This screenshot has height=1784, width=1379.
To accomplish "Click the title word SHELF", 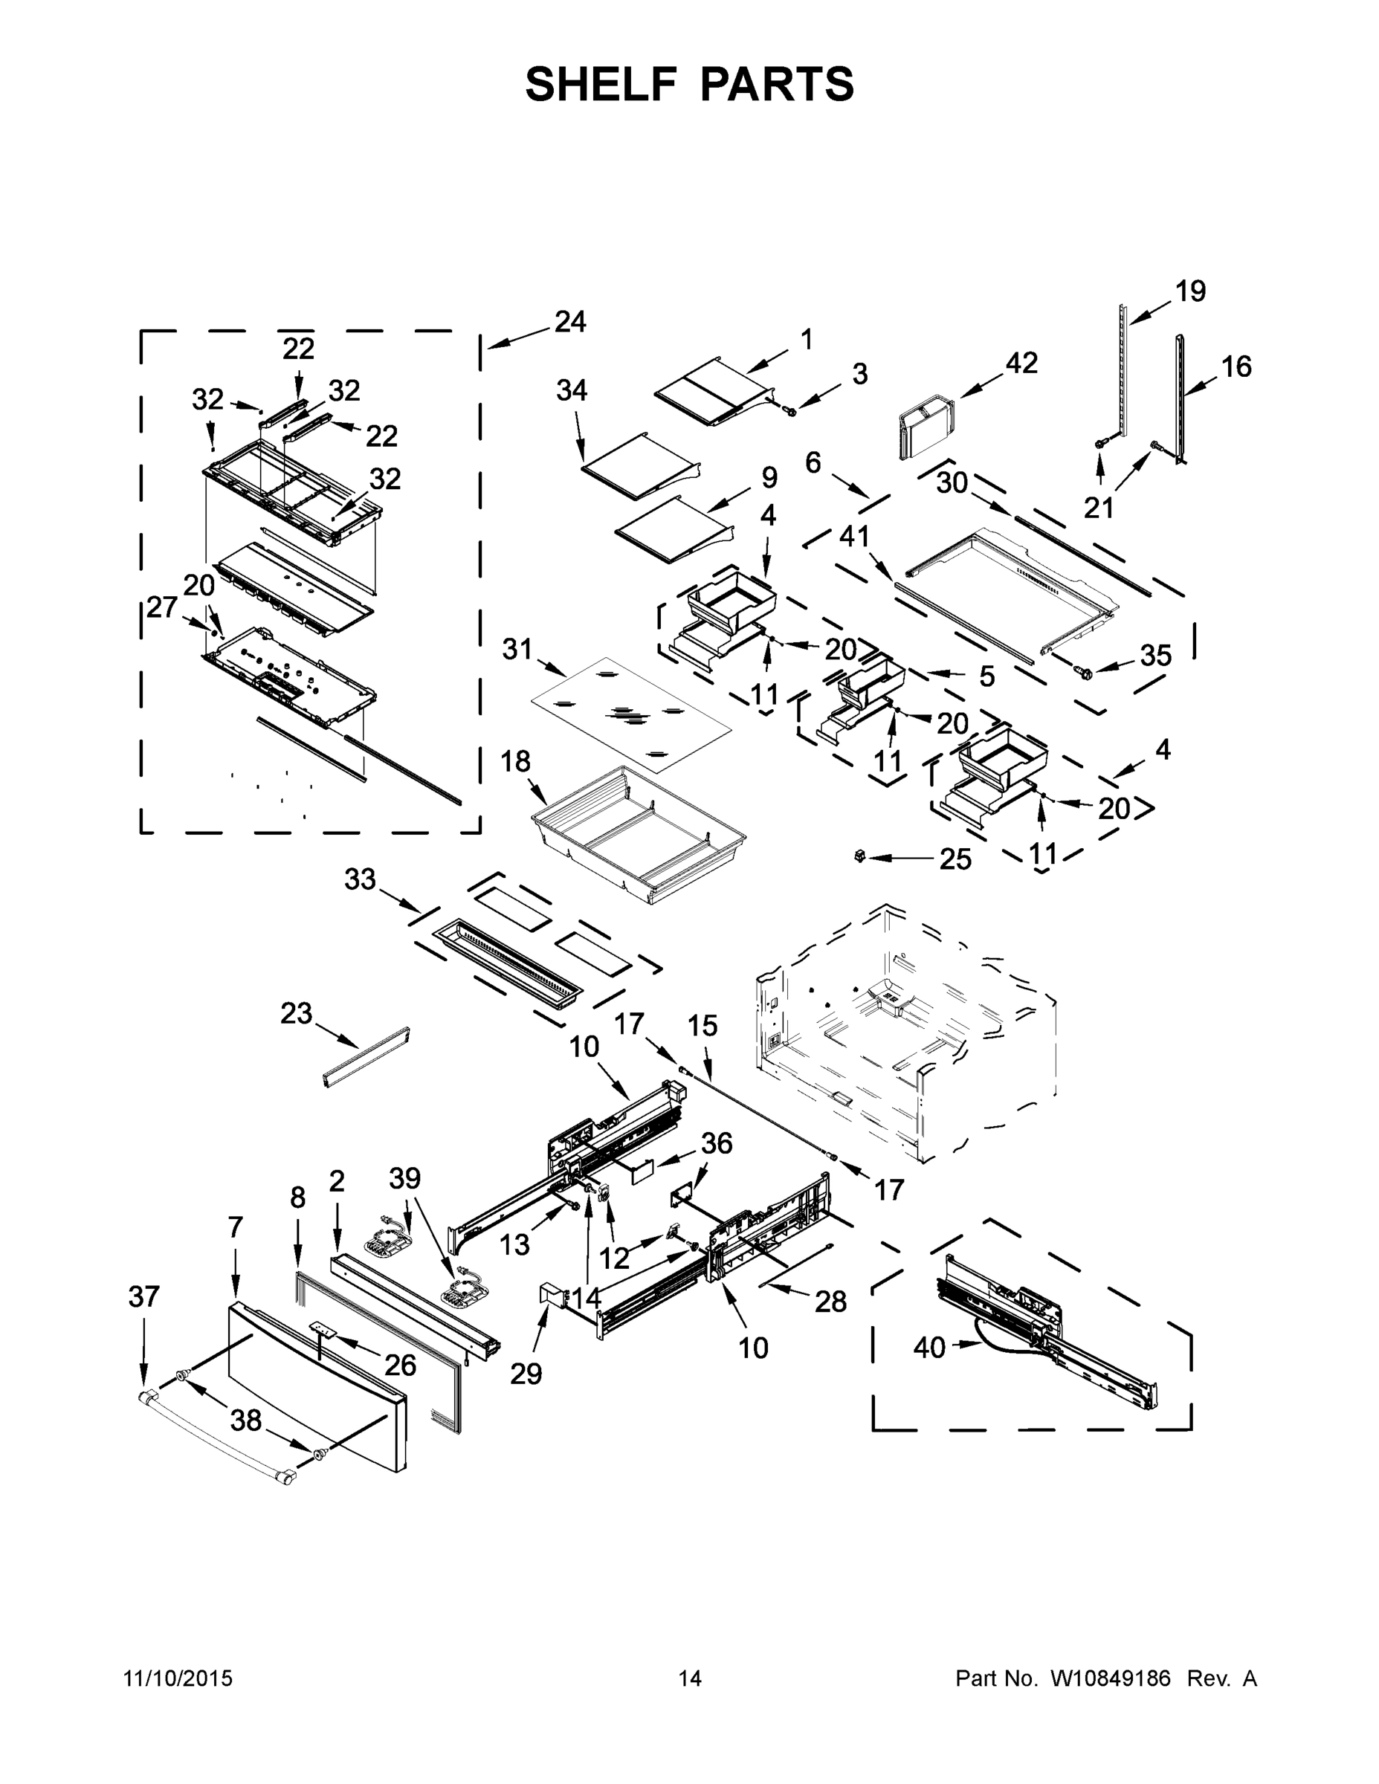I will pyautogui.click(x=601, y=84).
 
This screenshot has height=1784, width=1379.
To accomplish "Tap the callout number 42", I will pyautogui.click(x=1021, y=363).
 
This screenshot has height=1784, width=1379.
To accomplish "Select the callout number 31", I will pyautogui.click(x=517, y=650).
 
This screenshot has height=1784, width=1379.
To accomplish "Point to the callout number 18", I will pyautogui.click(x=514, y=761).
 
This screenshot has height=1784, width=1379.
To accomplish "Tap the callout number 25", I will pyautogui.click(x=955, y=859).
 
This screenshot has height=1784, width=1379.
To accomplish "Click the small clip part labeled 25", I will pyautogui.click(x=858, y=856).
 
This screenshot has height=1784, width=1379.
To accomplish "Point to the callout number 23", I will pyautogui.click(x=296, y=1014).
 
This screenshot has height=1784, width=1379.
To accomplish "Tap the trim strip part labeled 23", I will pyautogui.click(x=366, y=1058).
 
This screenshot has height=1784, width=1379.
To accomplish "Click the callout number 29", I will pyautogui.click(x=526, y=1374).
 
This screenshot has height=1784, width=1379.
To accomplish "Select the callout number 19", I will pyautogui.click(x=1190, y=291).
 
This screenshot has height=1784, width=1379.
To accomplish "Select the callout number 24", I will pyautogui.click(x=569, y=322).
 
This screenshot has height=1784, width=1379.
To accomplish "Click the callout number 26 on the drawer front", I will pyautogui.click(x=400, y=1365).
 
